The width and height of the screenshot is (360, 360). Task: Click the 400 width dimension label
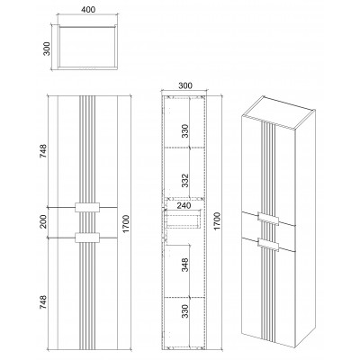[x=88, y=10]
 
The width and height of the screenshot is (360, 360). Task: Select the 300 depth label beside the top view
[x=47, y=49]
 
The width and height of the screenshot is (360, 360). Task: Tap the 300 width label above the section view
[x=185, y=85]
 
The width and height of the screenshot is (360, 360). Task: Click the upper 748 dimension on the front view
[x=43, y=151]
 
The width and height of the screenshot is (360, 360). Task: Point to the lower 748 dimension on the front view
[x=43, y=302]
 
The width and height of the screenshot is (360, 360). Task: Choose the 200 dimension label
[x=44, y=221]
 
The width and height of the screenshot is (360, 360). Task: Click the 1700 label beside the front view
[x=126, y=223]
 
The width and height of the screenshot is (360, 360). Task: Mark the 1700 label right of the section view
[x=217, y=221]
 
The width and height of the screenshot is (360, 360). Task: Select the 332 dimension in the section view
[x=186, y=180]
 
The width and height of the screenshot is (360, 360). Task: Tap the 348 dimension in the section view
[x=186, y=265]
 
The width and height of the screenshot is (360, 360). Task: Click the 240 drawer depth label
[x=184, y=206]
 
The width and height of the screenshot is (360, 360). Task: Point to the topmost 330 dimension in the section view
[x=186, y=130]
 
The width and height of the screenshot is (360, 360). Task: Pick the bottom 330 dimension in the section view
[x=186, y=311]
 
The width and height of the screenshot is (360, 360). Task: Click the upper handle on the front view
[x=87, y=207]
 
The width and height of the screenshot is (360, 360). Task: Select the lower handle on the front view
[x=87, y=238]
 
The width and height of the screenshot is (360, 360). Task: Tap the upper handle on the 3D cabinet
[x=268, y=218]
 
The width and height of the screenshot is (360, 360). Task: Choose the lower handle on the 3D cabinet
[x=268, y=244]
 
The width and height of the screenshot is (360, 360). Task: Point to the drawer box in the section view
[x=183, y=219]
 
